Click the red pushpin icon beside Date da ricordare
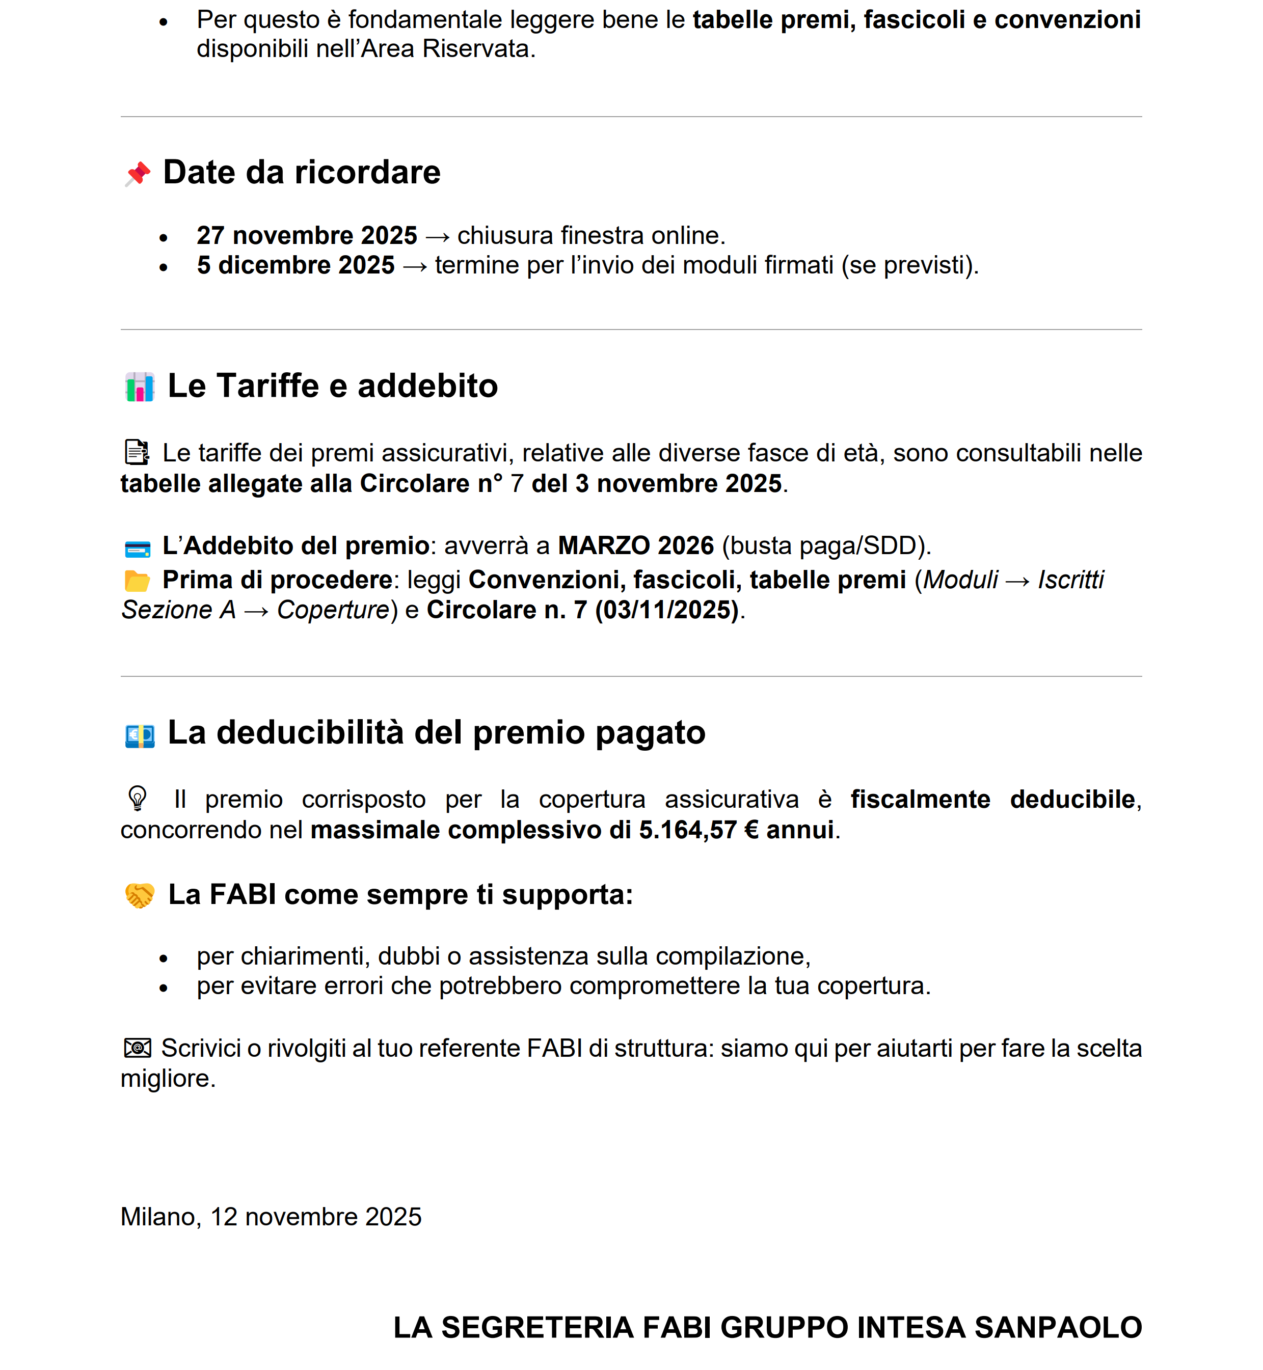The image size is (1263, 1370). pos(138,174)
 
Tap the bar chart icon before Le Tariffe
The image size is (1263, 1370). pos(140,387)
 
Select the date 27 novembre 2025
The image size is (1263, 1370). pos(306,236)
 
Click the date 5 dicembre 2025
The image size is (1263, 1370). pos(295,265)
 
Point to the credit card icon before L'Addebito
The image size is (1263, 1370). pos(138,549)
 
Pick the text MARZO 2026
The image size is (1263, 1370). pos(636,546)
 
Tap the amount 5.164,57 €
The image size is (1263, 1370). pos(698,830)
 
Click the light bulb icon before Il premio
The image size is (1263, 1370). pos(138,798)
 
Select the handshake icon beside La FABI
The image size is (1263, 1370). pos(140,896)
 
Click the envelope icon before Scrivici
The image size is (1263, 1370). pos(138,1048)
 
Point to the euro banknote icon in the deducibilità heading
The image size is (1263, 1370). pos(140,735)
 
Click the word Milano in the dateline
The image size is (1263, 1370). pos(160,1217)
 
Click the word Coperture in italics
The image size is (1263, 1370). pos(333,610)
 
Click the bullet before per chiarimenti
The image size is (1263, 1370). pos(164,958)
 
